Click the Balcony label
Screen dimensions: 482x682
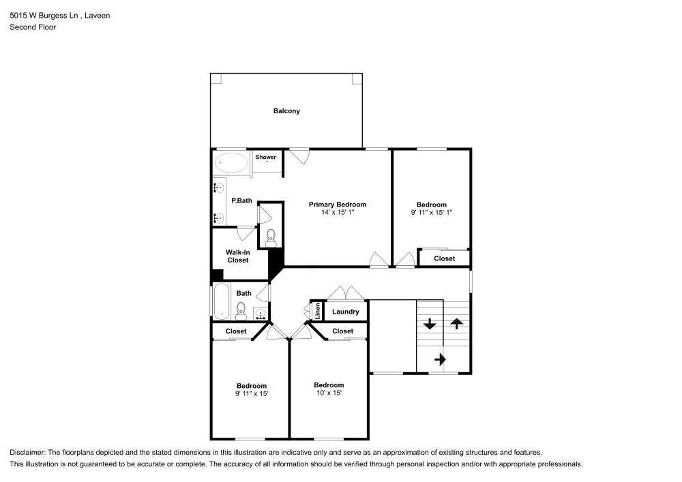[x=286, y=111]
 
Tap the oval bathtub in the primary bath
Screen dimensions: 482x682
[x=231, y=164]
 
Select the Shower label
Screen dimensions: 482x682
[x=266, y=157]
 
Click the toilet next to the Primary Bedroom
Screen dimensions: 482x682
[x=271, y=237]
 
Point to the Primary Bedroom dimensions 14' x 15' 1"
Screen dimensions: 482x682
[x=338, y=213]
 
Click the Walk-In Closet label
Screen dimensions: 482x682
[x=237, y=256]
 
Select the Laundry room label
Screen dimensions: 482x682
[x=346, y=312]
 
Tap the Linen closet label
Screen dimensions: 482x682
[x=318, y=311]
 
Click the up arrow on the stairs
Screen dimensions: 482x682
[x=456, y=324]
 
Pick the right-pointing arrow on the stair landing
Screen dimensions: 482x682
[x=440, y=358]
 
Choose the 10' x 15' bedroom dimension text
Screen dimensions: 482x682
[x=329, y=393]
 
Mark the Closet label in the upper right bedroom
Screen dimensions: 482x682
[x=444, y=258]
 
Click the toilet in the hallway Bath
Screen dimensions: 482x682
[x=240, y=313]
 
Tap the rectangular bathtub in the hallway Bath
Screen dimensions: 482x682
[x=221, y=301]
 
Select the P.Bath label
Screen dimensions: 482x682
[x=241, y=200]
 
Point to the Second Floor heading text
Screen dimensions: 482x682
[x=33, y=27]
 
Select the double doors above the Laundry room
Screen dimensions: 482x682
[x=346, y=293]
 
